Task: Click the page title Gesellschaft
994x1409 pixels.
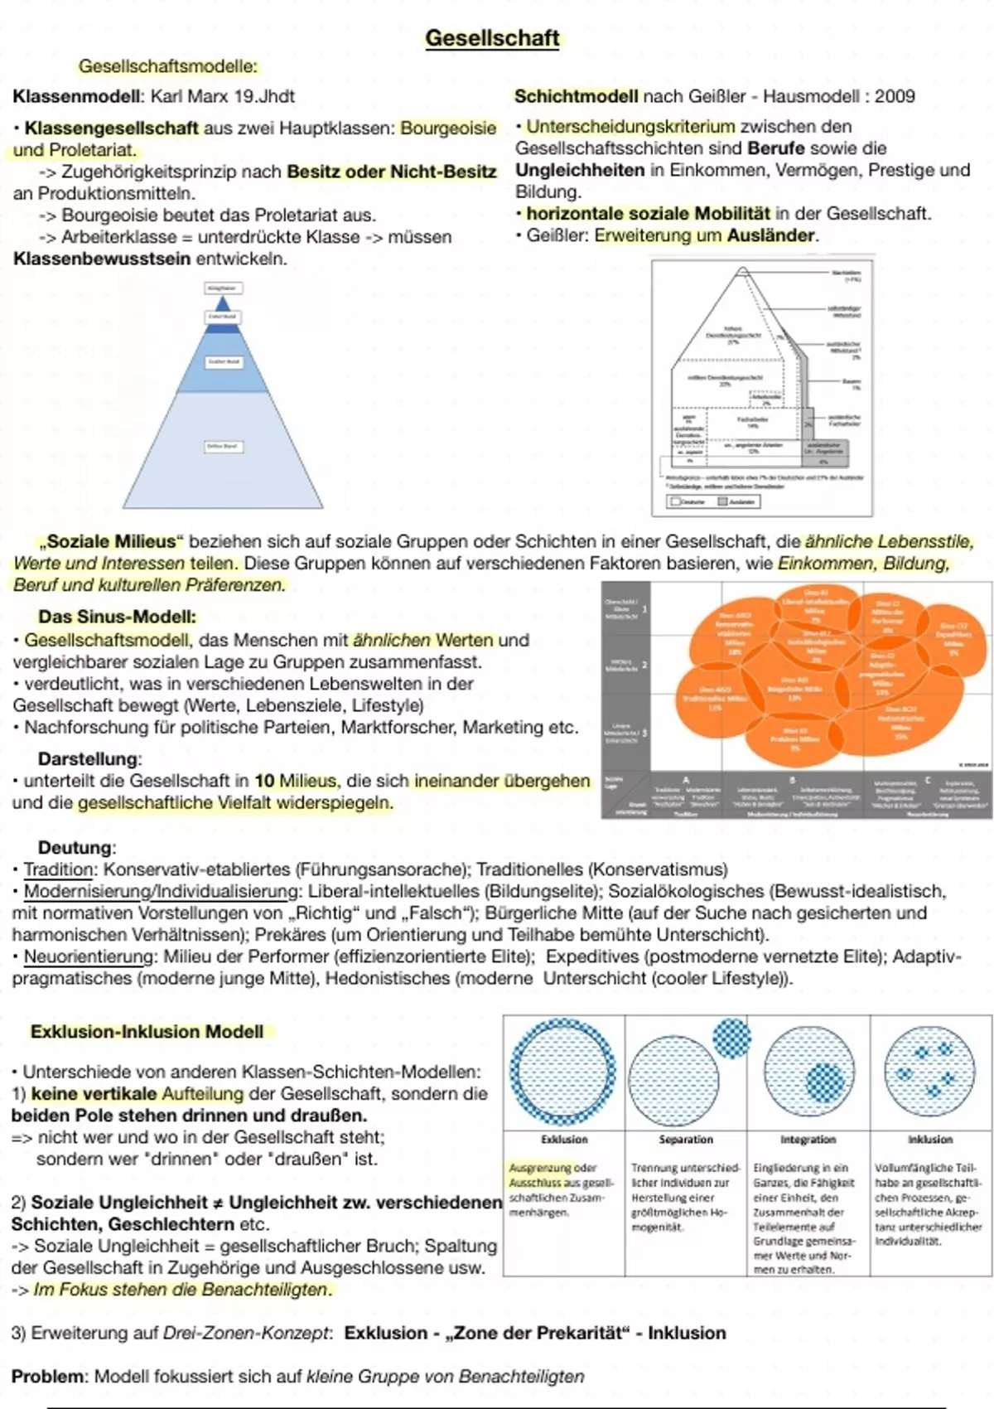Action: point(492,38)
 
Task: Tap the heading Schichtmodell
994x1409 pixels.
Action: point(576,96)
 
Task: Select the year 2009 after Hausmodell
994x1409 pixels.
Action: point(895,96)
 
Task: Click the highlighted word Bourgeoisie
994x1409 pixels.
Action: point(448,128)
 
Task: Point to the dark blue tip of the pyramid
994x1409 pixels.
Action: point(222,304)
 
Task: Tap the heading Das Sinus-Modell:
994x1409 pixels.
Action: point(117,617)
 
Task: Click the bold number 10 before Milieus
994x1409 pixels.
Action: point(264,781)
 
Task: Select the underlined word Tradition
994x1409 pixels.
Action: point(58,869)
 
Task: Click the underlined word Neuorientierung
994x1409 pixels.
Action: point(89,956)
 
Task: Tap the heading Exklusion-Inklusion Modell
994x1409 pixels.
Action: point(147,1032)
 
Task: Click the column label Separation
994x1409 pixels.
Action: point(686,1140)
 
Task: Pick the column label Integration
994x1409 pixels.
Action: point(808,1140)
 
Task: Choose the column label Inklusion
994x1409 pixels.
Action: point(929,1140)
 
